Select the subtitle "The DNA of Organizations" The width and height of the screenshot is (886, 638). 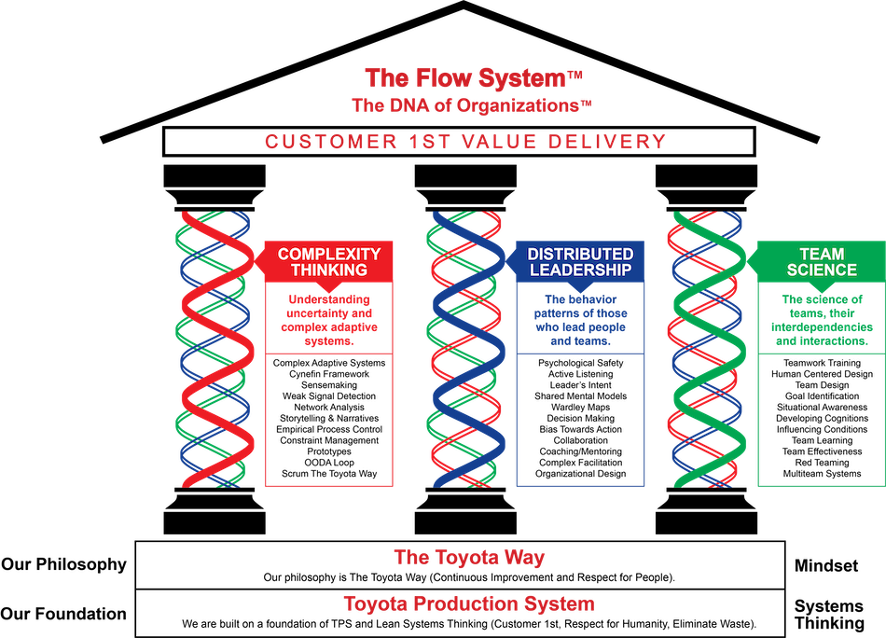point(466,105)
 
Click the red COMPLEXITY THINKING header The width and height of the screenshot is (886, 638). point(329,262)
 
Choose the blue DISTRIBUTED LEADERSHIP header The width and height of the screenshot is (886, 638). point(580,262)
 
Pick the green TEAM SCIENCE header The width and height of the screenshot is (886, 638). point(821,262)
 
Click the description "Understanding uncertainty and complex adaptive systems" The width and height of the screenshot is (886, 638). point(329,320)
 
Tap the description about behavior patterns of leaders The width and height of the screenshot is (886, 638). point(580,320)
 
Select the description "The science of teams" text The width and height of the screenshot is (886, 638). point(821,320)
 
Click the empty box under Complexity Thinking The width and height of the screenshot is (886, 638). point(329,420)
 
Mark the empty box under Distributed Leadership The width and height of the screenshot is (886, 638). point(580,420)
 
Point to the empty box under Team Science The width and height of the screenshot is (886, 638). point(821,420)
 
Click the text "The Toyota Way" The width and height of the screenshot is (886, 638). point(469,558)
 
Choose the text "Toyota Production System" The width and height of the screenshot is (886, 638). point(469,604)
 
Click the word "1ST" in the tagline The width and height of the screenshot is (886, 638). point(433,142)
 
